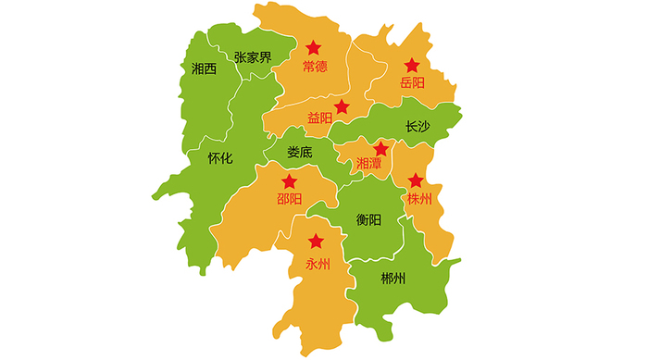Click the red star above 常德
314,47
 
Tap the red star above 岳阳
412,66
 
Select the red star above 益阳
342,106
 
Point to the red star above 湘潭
380,148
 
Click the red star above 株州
416,180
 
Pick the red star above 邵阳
290,181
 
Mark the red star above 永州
317,242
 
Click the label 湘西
204,68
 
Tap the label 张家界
253,57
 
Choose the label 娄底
300,152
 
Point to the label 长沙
418,127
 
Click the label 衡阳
368,219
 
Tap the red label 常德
315,67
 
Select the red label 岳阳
412,83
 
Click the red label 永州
317,263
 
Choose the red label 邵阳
289,199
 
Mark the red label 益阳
319,118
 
